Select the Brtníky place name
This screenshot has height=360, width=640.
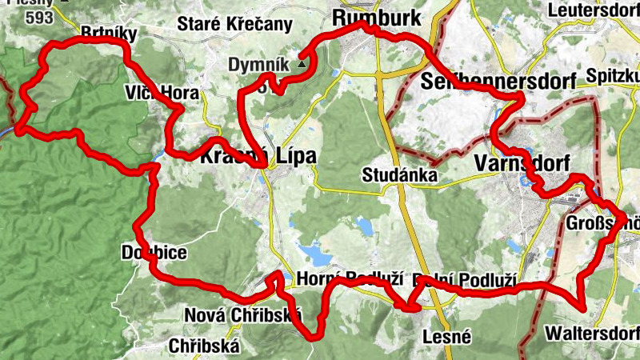[x=110, y=33]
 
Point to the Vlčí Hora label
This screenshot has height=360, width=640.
[x=161, y=93]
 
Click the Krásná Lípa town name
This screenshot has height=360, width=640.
[x=258, y=155]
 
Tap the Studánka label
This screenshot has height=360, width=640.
[x=398, y=174]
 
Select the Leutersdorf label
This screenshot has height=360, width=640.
[x=594, y=10]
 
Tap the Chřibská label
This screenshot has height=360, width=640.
[x=205, y=346]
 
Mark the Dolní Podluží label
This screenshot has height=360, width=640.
[x=464, y=282]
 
